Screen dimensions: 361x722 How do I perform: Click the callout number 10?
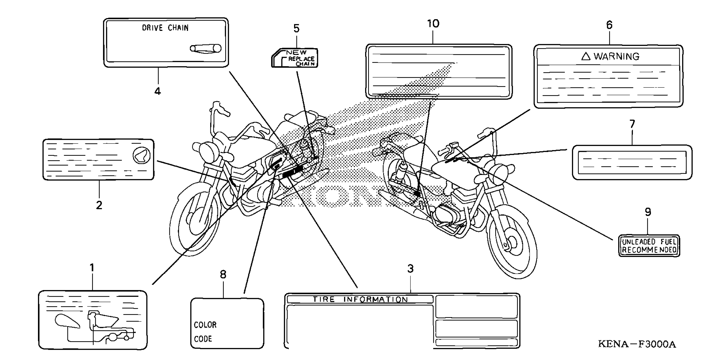(x=433, y=24)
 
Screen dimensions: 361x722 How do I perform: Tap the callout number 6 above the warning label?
(x=609, y=25)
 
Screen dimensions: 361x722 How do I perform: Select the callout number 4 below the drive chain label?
(x=157, y=91)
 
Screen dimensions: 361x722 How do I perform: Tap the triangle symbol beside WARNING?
(x=586, y=56)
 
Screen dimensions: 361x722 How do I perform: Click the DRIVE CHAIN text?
(x=165, y=28)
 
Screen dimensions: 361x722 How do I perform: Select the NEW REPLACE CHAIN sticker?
(x=295, y=58)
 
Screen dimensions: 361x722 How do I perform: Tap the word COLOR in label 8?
(x=205, y=325)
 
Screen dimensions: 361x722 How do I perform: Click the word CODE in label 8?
(x=203, y=339)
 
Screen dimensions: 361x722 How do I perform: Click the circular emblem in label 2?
(x=142, y=155)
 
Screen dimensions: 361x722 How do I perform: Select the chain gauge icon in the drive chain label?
(x=206, y=49)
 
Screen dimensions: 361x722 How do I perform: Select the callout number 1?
(x=92, y=268)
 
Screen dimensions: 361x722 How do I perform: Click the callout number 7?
(x=632, y=124)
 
